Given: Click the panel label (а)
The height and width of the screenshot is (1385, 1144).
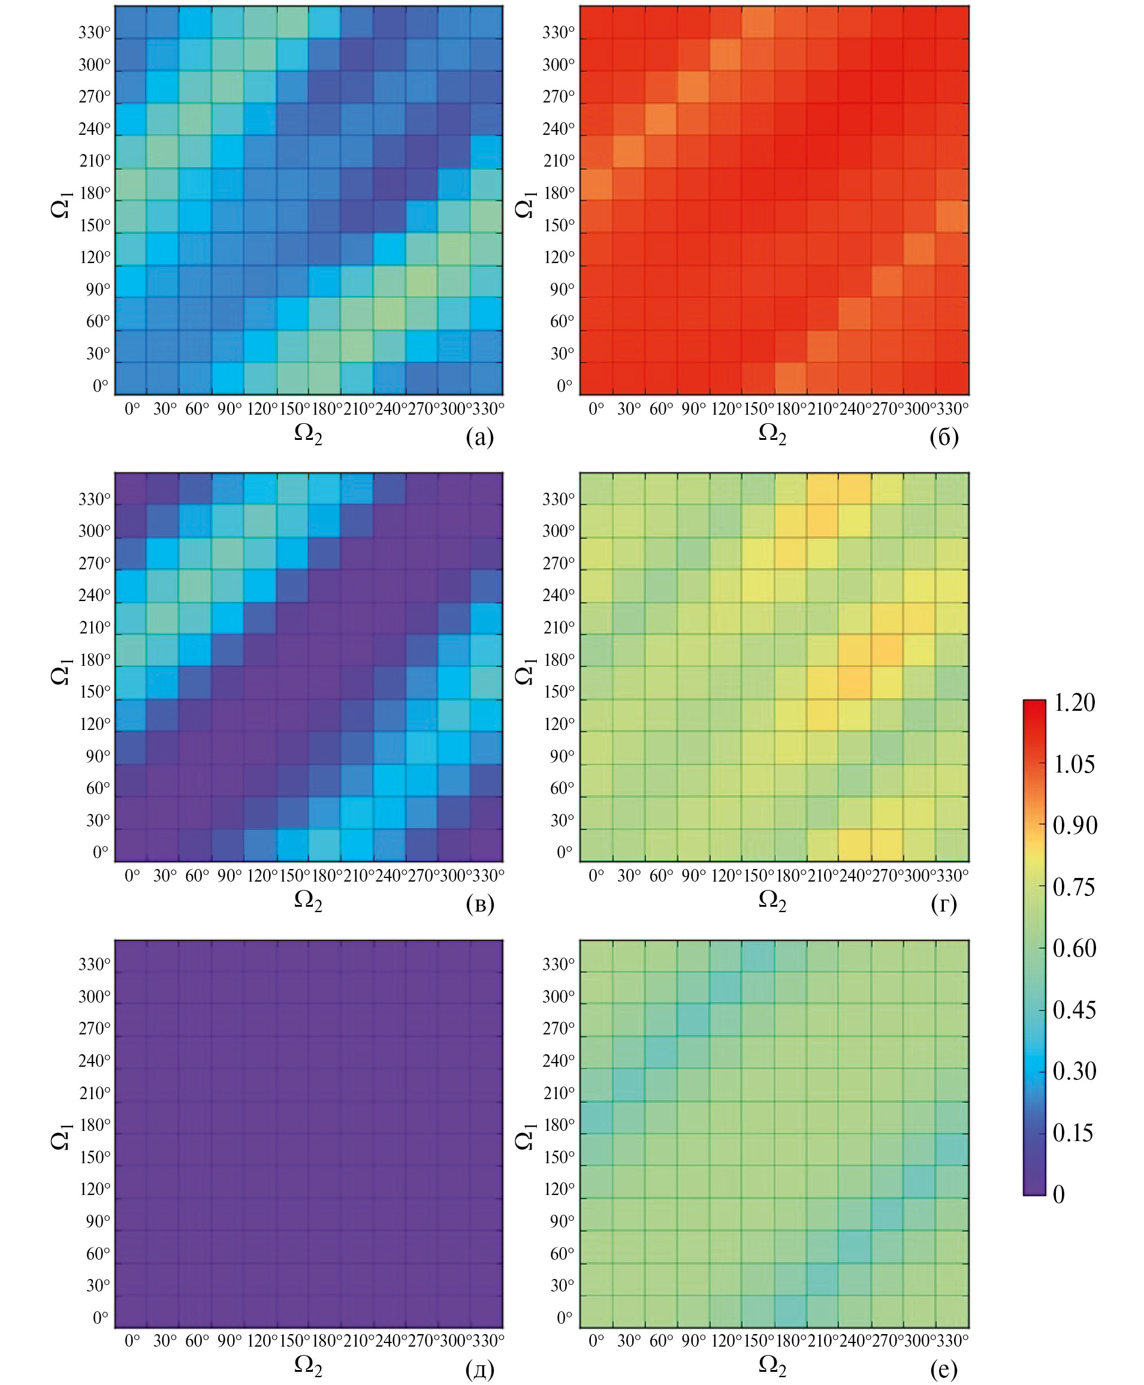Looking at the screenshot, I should point(479,437).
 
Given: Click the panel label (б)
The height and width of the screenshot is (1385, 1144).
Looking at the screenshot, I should point(944,437).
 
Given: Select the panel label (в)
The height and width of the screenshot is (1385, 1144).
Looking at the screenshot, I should point(479,903).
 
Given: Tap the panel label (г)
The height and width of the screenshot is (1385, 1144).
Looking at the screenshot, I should point(944,903).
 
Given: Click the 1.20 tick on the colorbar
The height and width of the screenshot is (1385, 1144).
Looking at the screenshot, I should point(1074,702).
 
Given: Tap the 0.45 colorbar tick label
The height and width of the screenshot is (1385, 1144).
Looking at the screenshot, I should point(1074,1009).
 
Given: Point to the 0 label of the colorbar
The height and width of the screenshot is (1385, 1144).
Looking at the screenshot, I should point(1059,1194).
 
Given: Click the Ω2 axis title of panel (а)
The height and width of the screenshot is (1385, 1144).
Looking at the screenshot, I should point(308,434).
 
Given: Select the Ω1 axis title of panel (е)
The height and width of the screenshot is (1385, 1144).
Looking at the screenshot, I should point(524,1137).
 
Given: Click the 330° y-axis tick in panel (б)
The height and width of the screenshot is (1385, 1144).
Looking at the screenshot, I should point(558,32).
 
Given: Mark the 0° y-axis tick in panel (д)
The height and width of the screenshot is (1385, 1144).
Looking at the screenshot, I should point(101,1317).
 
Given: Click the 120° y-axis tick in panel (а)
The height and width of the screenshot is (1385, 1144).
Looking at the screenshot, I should point(95,257).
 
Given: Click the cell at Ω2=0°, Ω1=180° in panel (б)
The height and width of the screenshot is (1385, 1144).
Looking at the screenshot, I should point(596,185).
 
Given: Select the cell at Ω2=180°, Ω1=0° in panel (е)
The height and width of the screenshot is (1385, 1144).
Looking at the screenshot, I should point(791,1312).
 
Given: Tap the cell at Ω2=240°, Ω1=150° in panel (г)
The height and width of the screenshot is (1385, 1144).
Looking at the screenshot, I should point(855,682).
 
